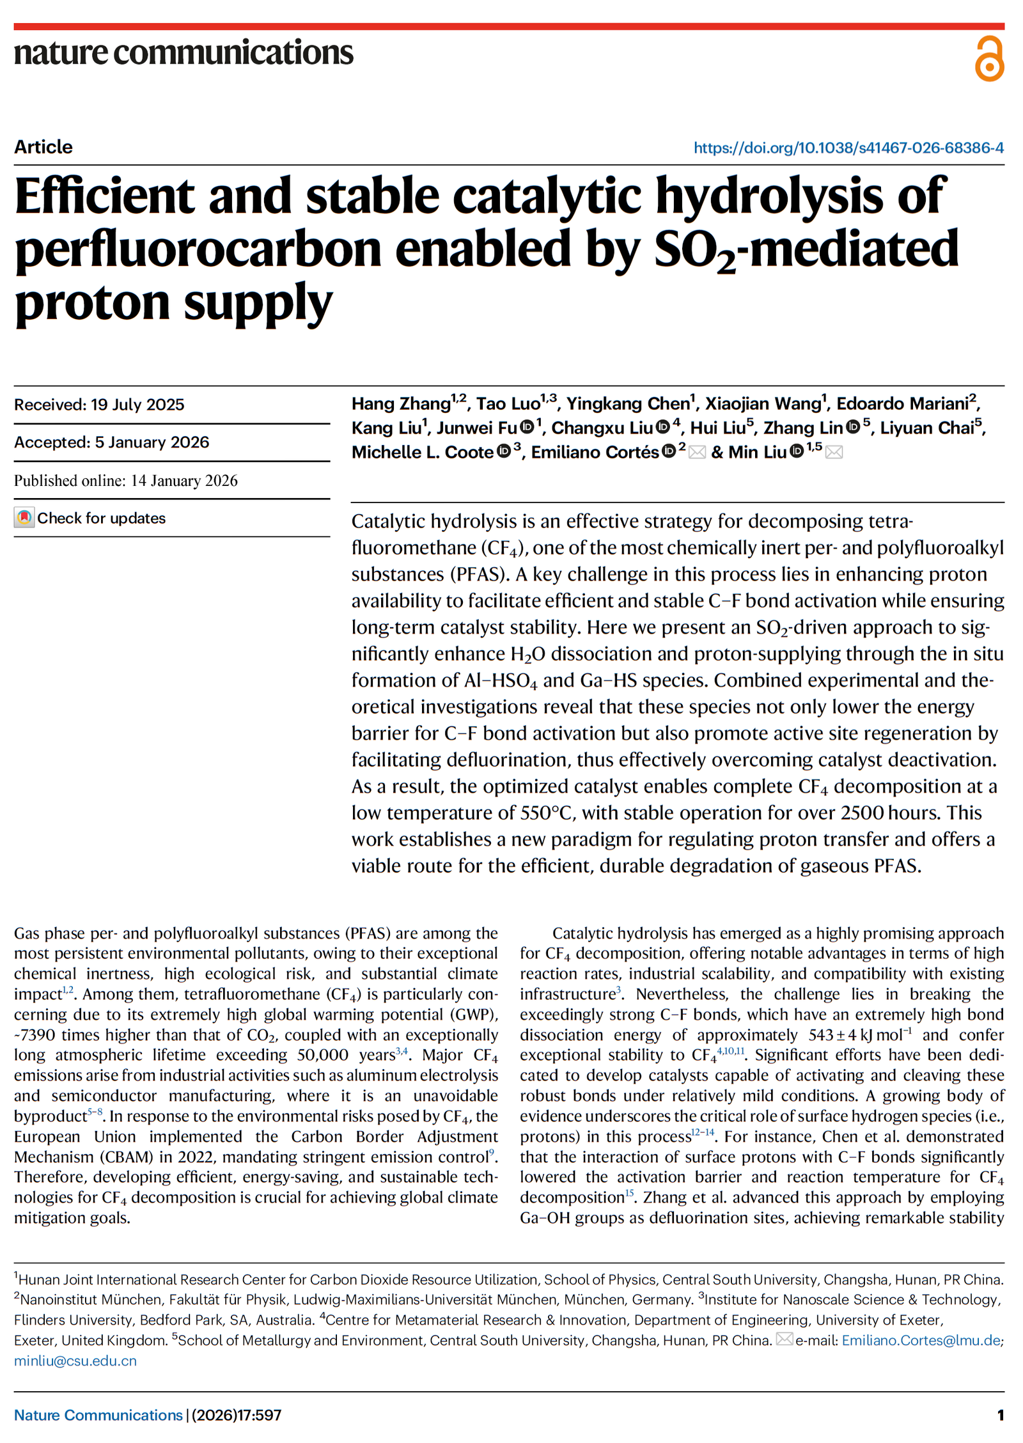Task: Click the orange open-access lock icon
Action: coord(988,59)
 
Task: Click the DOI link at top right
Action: coord(848,148)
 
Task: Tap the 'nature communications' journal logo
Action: coord(184,52)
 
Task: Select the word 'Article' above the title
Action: coord(43,147)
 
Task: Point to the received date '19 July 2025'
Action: coord(137,405)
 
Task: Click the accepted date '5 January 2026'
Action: coord(152,442)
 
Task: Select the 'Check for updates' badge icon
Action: coord(24,518)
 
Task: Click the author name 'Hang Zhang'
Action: coord(401,404)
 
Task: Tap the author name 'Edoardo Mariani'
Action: coord(902,404)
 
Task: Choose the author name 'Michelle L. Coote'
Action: coord(423,453)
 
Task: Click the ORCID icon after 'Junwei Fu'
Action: coord(527,427)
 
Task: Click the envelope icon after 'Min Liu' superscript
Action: coord(834,453)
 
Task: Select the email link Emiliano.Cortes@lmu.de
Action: coord(921,1340)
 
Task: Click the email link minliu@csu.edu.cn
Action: coord(75,1361)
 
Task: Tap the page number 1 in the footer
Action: coord(1000,1416)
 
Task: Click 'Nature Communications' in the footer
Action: coord(98,1416)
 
